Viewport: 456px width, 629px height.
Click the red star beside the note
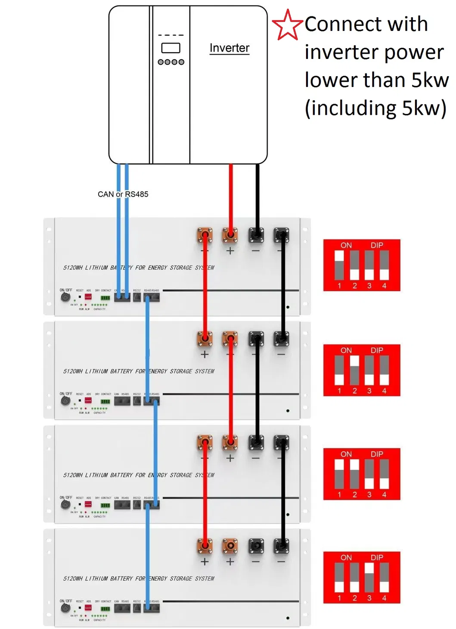point(287,25)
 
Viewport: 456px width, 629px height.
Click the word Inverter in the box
point(229,48)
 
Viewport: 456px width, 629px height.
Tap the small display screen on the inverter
point(171,48)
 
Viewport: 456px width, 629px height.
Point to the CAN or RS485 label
point(123,194)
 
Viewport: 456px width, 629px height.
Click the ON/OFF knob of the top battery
point(65,297)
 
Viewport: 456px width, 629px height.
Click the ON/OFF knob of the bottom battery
point(65,607)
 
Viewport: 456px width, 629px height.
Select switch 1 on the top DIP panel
point(339,265)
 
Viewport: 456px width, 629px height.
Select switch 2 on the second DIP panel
point(354,370)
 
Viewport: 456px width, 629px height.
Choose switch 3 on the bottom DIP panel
point(369,577)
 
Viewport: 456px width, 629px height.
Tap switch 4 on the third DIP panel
point(384,474)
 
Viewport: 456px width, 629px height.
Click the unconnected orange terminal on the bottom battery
point(230,546)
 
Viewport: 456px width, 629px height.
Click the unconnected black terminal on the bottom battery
point(256,546)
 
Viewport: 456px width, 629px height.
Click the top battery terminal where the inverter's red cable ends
point(230,235)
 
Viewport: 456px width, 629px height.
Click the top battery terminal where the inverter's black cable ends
point(256,235)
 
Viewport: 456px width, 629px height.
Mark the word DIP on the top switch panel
point(377,245)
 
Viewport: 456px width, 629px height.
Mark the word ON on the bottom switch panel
point(346,558)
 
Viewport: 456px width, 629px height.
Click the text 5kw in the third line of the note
point(430,80)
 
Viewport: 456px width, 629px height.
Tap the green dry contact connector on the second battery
point(105,401)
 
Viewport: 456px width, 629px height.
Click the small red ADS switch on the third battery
point(88,504)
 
